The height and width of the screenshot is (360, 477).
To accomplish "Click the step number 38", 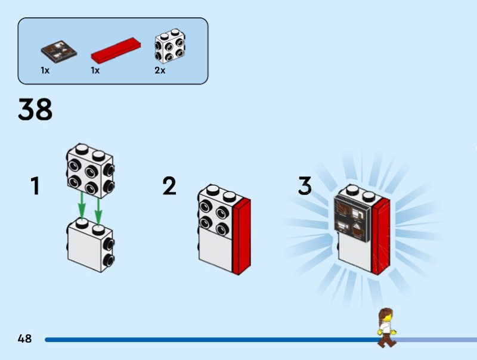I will [35, 110].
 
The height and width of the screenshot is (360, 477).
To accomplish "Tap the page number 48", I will [24, 339].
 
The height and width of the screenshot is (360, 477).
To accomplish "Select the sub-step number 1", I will [35, 186].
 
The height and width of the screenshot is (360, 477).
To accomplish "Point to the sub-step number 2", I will [169, 186].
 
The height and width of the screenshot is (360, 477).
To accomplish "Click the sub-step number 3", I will [305, 186].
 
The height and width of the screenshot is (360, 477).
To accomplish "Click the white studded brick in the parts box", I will [169, 46].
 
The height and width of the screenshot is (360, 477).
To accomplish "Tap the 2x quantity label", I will [160, 70].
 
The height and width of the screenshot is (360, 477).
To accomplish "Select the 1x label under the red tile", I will [95, 70].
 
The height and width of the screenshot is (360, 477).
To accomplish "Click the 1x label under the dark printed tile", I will [45, 70].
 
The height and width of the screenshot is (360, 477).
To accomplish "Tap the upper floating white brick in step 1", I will [90, 170].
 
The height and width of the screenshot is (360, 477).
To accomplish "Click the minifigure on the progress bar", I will [386, 328].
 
